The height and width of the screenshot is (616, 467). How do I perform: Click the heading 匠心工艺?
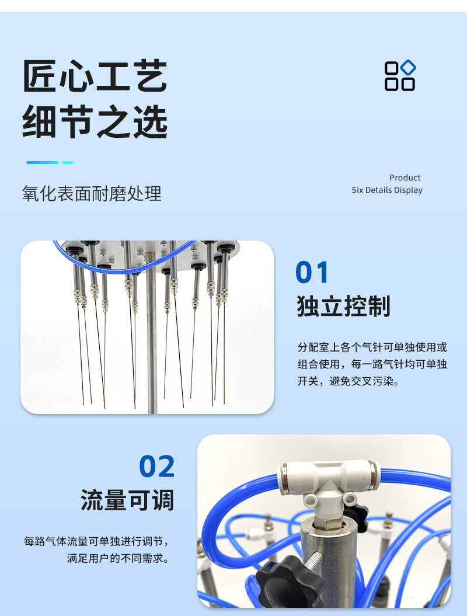95,76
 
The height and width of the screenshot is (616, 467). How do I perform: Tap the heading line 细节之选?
95,121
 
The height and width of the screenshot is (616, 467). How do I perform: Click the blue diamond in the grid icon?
408,67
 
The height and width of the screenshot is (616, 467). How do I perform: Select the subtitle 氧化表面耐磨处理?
92,194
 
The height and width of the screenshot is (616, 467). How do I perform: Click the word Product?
405,178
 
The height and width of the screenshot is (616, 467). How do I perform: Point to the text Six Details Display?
387,190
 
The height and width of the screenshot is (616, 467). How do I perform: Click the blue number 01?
312,272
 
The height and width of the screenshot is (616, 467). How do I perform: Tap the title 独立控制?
344,306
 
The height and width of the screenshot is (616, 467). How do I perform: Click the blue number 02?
156,467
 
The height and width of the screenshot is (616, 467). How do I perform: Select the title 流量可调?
127,500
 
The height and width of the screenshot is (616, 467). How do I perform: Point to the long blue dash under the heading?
43,162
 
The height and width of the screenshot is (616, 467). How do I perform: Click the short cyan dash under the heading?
68,162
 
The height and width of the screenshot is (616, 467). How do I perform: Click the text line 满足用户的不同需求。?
118,558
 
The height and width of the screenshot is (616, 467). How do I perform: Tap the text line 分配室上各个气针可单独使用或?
372,347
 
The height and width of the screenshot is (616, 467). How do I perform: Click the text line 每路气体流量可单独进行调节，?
96,541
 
